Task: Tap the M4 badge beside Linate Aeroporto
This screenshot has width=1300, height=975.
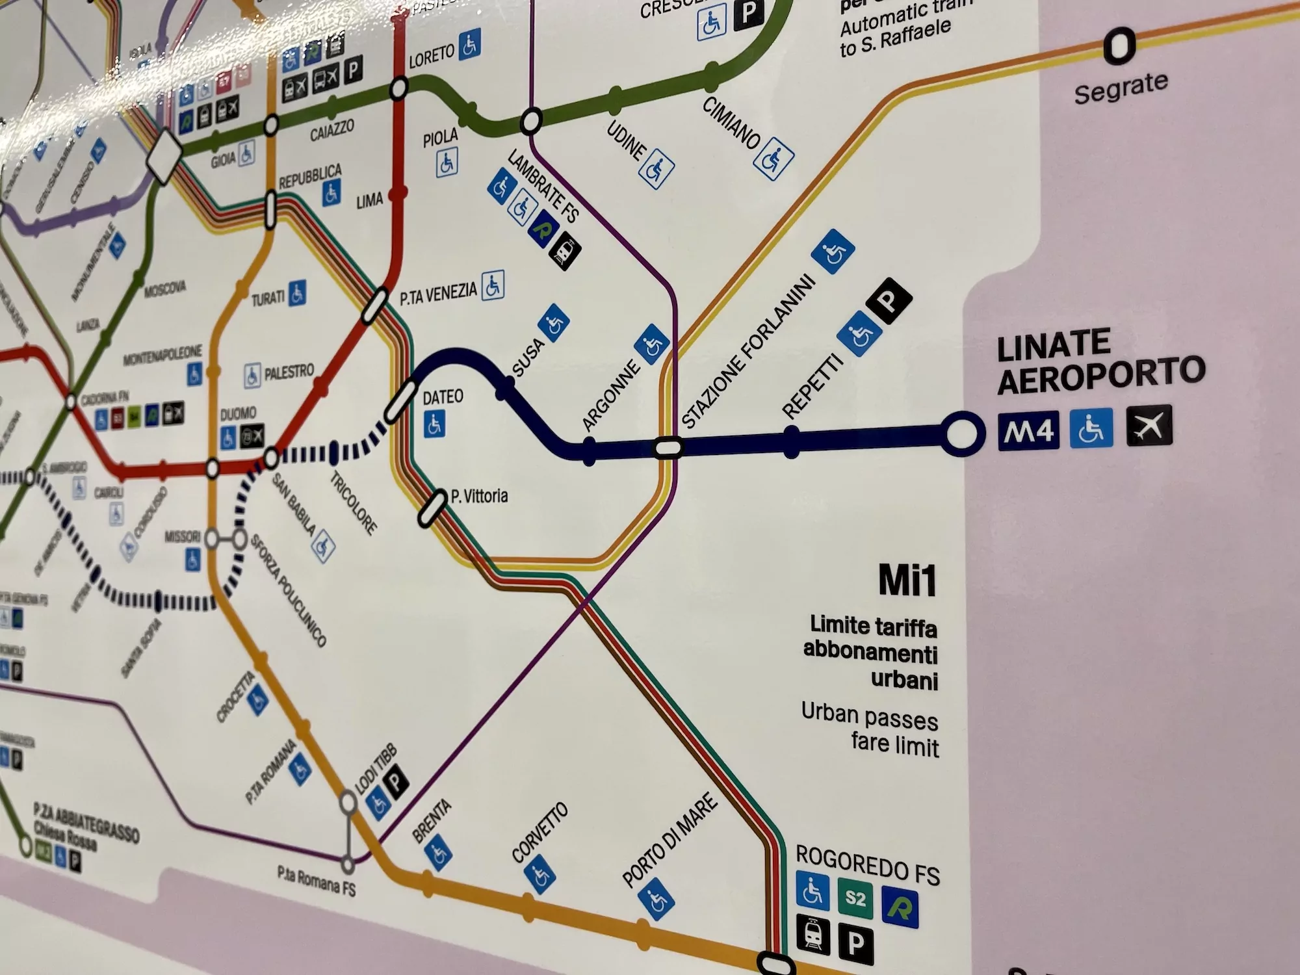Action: point(1028,430)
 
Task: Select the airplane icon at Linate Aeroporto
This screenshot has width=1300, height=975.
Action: point(1149,426)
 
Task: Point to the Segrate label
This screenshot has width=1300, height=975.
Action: point(1121,88)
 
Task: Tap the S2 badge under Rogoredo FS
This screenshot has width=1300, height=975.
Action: point(855,898)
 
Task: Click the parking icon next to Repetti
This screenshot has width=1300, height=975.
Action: point(889,300)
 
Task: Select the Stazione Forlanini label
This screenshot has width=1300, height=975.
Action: point(747,351)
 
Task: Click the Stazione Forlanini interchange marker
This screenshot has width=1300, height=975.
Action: point(668,447)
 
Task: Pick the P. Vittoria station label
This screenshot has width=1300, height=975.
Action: point(479,497)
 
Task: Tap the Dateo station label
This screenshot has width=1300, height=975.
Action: point(443,397)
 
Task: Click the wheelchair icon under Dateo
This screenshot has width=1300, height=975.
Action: point(435,424)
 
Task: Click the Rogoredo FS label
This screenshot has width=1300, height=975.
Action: point(867,864)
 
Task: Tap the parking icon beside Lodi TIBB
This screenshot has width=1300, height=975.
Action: point(396,779)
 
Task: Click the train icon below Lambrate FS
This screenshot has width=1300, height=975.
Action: point(564,250)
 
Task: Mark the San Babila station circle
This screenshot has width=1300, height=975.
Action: point(271,459)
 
